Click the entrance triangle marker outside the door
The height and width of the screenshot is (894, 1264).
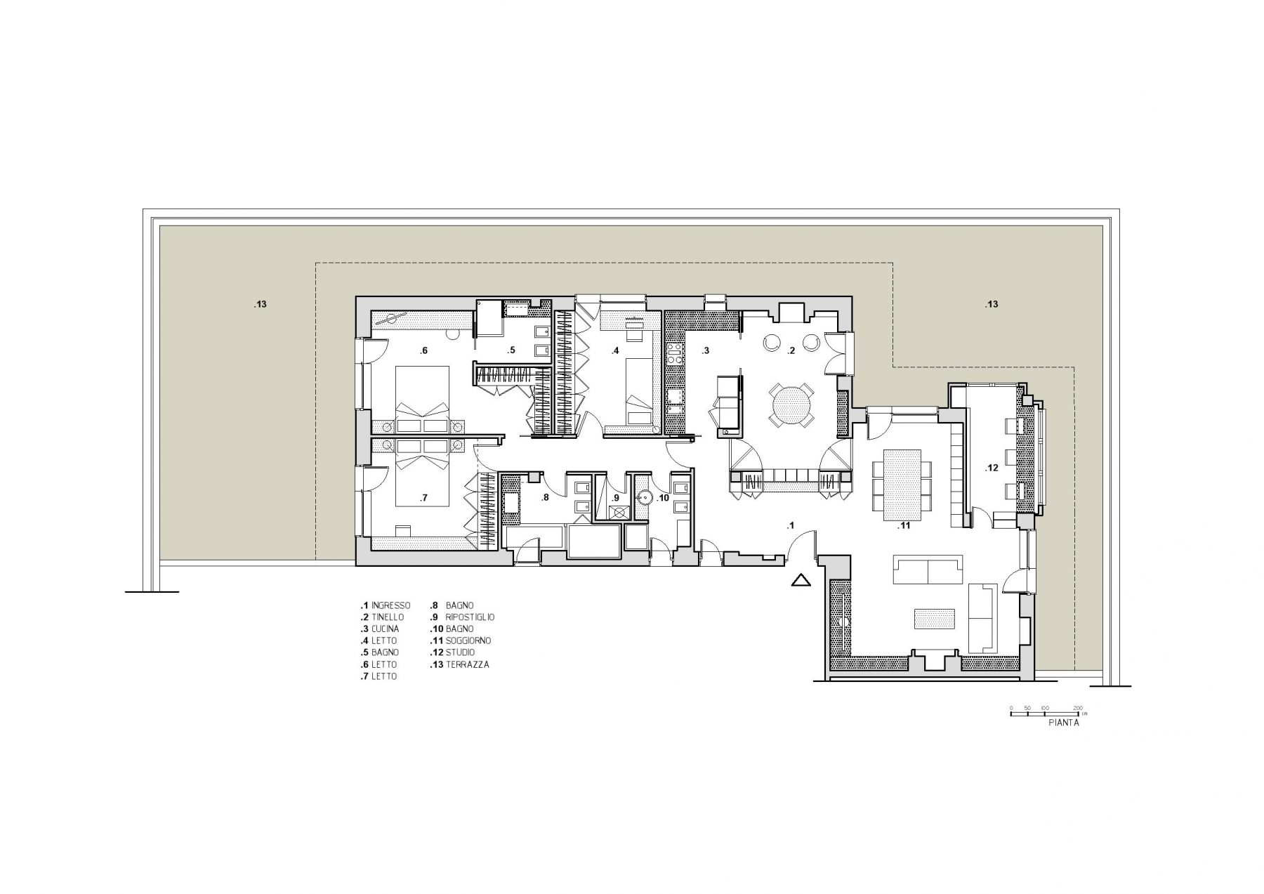pos(801,580)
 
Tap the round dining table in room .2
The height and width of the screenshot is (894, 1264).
pos(791,405)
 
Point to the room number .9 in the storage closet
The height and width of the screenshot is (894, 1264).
pos(615,498)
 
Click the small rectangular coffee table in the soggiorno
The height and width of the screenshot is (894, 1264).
pos(933,618)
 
